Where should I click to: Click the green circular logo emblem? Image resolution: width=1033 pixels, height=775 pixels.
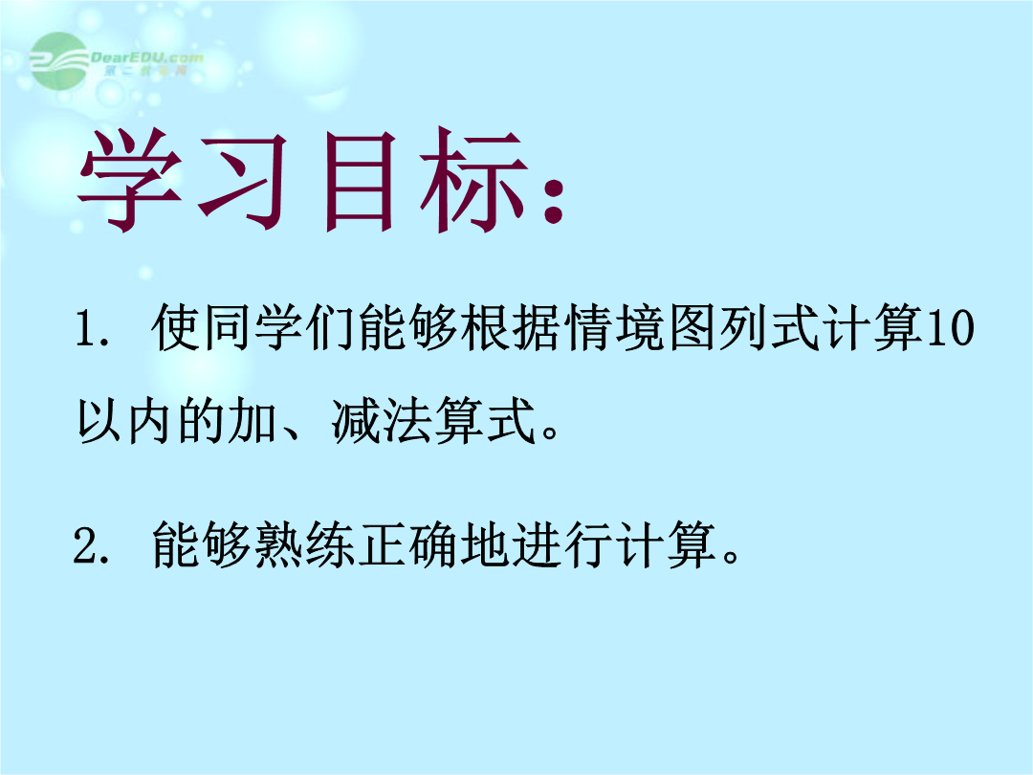[x=59, y=60]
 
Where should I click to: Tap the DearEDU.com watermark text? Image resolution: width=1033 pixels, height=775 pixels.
[x=147, y=58]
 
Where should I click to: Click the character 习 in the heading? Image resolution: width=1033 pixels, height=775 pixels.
[x=243, y=180]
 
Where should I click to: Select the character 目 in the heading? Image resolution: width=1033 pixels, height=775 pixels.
[x=360, y=181]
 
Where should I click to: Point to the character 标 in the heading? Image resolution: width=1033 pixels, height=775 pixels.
[x=474, y=180]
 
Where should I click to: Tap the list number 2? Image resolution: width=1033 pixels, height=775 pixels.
[x=91, y=545]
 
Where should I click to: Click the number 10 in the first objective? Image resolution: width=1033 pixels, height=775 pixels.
[x=950, y=327]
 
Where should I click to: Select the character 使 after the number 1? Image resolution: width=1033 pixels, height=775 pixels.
[x=176, y=327]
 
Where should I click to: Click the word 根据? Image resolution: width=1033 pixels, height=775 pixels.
[x=512, y=327]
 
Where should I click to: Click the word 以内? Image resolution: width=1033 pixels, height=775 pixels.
[x=125, y=420]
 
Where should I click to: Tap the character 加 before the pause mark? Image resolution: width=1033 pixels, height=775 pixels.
[x=253, y=420]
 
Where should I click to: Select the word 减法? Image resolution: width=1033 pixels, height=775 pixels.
[x=382, y=420]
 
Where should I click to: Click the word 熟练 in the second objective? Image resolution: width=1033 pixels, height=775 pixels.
[x=305, y=544]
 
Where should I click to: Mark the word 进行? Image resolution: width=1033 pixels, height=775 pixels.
[x=563, y=544]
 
